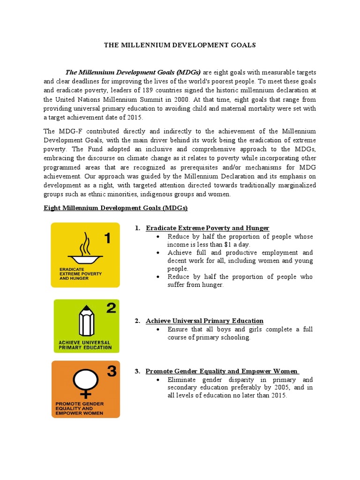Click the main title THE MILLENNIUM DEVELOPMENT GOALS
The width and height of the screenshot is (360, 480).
tap(180, 45)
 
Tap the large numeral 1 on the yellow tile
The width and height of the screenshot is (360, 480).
tap(107, 239)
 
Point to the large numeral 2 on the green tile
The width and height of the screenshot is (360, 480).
tap(111, 308)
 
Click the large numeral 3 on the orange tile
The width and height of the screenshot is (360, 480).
tap(112, 372)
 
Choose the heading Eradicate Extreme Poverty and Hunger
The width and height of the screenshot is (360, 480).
tap(207, 228)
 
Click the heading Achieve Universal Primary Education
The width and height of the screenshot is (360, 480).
tap(204, 321)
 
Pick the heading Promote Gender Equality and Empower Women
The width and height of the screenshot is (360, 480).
tap(222, 371)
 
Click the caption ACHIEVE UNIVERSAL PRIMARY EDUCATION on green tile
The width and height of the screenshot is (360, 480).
tap(85, 345)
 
